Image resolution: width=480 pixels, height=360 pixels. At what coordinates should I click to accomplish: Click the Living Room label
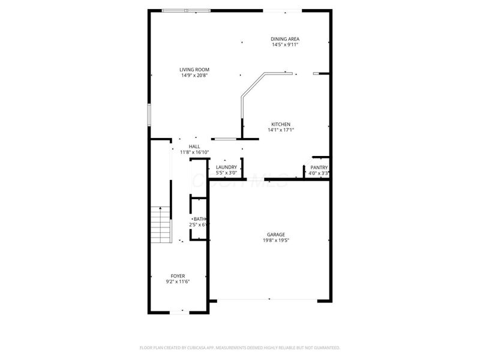(x=194, y=70)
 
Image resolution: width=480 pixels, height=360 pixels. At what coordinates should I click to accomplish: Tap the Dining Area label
(x=285, y=38)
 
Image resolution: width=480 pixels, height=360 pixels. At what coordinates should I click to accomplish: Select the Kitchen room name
(x=280, y=124)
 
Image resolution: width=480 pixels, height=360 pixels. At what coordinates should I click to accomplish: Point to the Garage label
(x=276, y=235)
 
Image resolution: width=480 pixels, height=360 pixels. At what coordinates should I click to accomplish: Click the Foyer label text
(x=178, y=275)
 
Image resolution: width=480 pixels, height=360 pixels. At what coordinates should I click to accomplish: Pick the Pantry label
(x=319, y=167)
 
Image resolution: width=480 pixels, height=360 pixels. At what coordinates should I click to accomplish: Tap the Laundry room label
(x=226, y=167)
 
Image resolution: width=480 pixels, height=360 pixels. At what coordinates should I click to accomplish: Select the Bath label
(x=199, y=219)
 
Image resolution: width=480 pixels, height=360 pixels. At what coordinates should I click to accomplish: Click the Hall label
(x=194, y=146)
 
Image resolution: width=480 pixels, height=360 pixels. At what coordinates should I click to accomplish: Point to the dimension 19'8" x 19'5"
(x=276, y=241)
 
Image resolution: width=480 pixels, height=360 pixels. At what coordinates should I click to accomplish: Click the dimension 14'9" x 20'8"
(x=194, y=76)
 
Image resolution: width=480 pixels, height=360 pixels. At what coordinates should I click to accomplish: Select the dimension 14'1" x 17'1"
(x=280, y=130)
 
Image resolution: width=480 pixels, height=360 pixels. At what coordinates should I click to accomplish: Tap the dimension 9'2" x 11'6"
(x=178, y=281)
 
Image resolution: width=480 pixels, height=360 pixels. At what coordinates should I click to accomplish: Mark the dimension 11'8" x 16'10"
(x=194, y=152)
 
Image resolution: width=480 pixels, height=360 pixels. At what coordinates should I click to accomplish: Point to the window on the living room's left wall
(x=149, y=115)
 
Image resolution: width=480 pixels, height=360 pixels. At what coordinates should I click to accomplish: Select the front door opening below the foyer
(x=179, y=312)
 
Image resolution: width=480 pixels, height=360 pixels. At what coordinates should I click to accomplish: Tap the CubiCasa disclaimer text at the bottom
(x=240, y=347)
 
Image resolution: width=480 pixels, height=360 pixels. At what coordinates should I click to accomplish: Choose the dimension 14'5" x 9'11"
(x=285, y=44)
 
